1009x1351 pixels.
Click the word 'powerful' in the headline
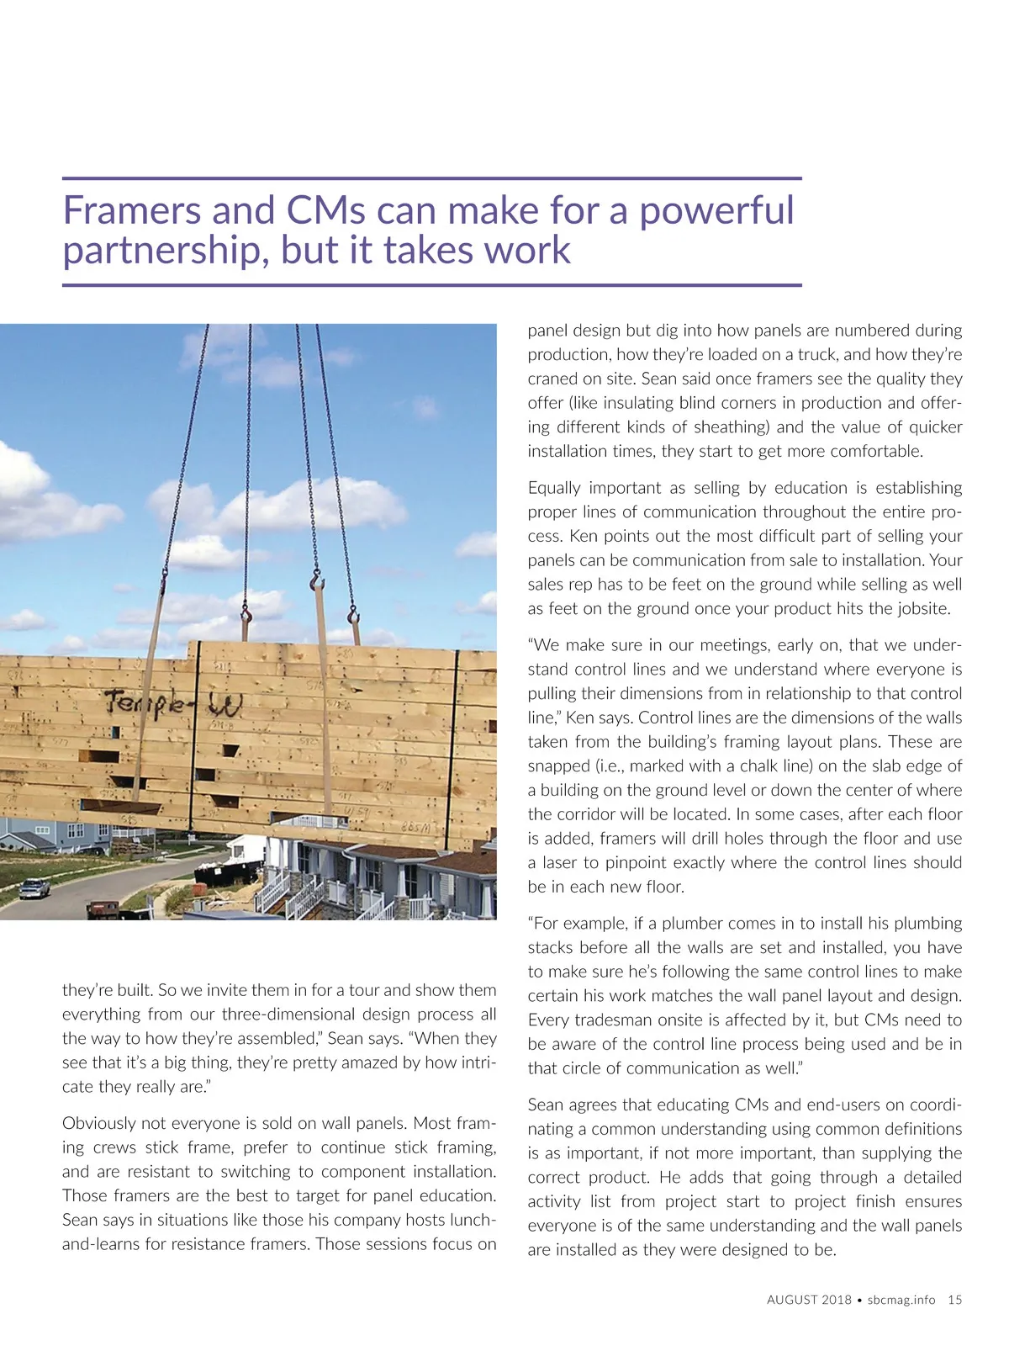pyautogui.click(x=716, y=211)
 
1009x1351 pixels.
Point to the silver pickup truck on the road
pyautogui.click(x=34, y=887)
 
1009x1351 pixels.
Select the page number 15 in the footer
pyautogui.click(x=954, y=1300)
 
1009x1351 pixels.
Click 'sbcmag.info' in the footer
pyautogui.click(x=901, y=1300)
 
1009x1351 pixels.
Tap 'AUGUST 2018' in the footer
pyautogui.click(x=808, y=1300)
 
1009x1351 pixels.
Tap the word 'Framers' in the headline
pyautogui.click(x=131, y=211)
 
